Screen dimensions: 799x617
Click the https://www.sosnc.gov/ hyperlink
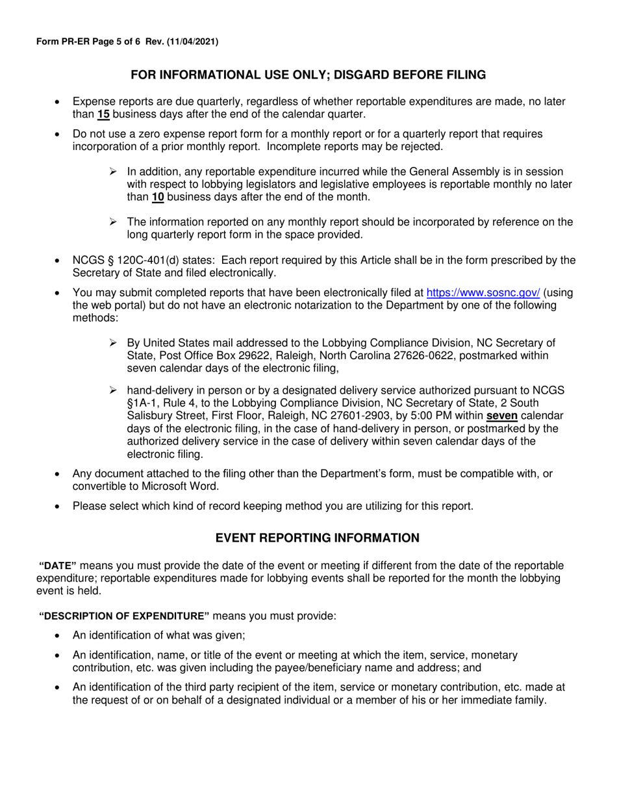483,292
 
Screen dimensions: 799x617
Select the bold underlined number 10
158,197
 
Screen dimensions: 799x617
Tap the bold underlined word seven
502,415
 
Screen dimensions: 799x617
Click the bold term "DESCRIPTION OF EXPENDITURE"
125,616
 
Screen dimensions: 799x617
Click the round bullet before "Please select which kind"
58,505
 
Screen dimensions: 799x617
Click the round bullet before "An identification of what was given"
58,636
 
